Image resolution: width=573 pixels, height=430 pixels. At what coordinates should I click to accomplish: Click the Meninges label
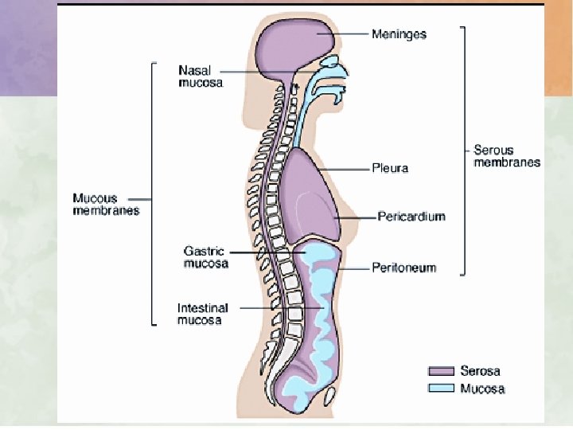pos(399,34)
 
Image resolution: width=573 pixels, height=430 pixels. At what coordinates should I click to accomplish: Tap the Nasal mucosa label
pos(200,76)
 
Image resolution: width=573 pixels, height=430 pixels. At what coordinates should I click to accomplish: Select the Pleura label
pos(389,168)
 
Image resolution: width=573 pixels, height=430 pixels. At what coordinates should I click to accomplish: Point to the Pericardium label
pos(411,216)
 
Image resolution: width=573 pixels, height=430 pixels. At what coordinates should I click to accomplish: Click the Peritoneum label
pos(403,268)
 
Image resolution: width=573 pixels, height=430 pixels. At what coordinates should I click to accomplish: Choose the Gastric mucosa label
pos(205,256)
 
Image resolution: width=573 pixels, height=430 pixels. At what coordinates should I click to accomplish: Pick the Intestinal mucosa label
pos(202,314)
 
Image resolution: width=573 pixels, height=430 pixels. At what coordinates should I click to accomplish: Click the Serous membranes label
pos(506,155)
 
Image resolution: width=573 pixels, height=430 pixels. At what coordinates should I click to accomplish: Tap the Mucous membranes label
pos(105,204)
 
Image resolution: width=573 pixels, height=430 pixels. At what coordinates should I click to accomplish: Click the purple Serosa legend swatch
pos(440,371)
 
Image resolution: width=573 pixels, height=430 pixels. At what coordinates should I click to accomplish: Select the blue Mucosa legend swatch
pos(440,388)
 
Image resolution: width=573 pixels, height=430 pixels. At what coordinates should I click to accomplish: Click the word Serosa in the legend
pos(480,371)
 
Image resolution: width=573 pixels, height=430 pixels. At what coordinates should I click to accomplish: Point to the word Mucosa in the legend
pos(482,389)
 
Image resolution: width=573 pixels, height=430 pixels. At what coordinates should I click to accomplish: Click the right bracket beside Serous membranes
pos(463,151)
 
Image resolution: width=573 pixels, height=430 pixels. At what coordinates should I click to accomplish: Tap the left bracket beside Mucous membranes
pos(151,195)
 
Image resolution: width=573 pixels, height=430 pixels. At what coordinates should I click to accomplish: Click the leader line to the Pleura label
pos(346,168)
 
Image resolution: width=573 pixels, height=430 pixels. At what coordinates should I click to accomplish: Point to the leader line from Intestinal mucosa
pos(279,308)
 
